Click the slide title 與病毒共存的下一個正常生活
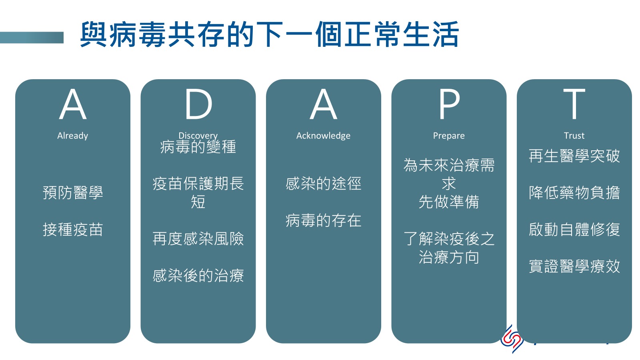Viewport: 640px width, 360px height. [x=269, y=34]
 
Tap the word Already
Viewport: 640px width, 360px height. [x=72, y=136]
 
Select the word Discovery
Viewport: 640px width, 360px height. [x=198, y=135]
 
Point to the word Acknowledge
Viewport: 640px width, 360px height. [x=323, y=136]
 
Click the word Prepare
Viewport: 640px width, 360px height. [x=449, y=136]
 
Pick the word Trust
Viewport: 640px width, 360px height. [x=574, y=136]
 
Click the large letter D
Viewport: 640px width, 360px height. [x=198, y=104]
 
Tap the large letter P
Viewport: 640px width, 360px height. [x=449, y=104]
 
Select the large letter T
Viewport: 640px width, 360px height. [x=574, y=104]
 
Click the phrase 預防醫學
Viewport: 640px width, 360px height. [x=73, y=192]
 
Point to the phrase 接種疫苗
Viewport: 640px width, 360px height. [x=73, y=230]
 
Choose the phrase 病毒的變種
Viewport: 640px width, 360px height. [x=198, y=147]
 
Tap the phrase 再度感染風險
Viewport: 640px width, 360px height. [x=198, y=238]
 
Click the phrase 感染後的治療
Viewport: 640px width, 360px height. [x=198, y=276]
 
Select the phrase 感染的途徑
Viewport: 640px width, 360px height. [x=324, y=184]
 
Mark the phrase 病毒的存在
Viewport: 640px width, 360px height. [x=324, y=220]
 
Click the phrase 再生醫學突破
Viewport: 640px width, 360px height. [x=574, y=156]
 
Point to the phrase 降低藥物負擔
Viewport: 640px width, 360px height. [x=574, y=192]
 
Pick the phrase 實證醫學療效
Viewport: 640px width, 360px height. [x=574, y=266]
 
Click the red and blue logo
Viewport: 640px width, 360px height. [x=512, y=339]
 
